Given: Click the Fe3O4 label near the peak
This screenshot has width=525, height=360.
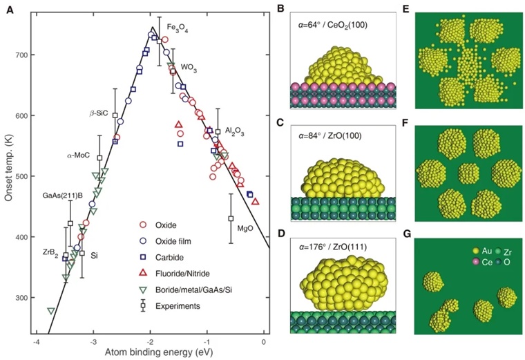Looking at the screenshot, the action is tap(178, 28).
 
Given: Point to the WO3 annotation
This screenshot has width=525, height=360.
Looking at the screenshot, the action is tap(189, 68).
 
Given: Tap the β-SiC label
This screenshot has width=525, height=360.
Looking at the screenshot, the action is tap(99, 113).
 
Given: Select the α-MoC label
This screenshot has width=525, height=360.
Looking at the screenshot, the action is tap(78, 155).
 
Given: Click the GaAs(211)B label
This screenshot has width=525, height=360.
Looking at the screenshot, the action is tap(63, 196).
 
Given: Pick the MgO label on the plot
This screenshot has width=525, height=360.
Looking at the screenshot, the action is tap(245, 229).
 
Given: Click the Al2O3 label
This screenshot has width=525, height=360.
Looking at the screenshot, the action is tap(234, 131).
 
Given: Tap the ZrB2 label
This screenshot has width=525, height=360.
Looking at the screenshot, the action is tap(50, 252).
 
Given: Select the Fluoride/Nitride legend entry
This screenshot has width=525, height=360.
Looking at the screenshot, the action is tap(175, 274).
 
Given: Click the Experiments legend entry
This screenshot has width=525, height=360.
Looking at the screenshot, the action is tap(170, 305).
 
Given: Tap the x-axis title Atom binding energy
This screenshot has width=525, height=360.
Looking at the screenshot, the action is tap(159, 352).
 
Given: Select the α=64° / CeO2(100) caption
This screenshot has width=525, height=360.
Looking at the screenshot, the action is tap(332, 25).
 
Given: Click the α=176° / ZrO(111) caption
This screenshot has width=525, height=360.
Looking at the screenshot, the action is tap(332, 247).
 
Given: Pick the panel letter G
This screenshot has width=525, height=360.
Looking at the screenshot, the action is tap(407, 234).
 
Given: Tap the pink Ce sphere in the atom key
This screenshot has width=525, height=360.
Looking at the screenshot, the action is tap(475, 262).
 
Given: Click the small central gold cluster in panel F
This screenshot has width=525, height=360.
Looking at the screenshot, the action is tap(469, 173).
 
